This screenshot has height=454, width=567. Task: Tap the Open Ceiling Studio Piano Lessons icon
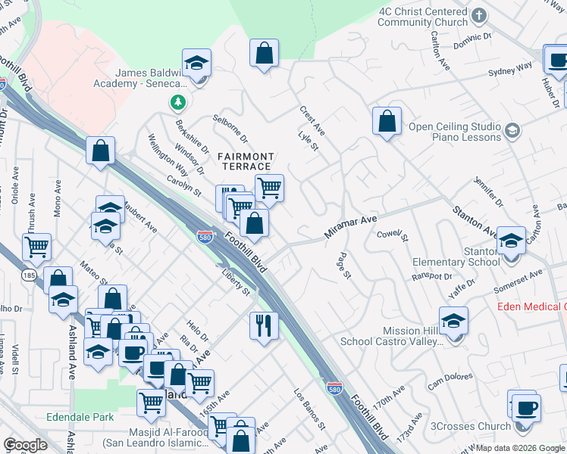(512, 132)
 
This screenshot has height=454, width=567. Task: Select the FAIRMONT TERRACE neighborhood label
(245, 160)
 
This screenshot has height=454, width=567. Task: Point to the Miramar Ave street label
(351, 226)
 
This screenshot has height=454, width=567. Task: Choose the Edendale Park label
(80, 417)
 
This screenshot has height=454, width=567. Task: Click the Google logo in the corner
(25, 445)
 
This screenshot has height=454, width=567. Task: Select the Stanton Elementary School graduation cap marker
(511, 242)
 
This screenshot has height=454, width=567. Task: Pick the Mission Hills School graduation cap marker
(453, 322)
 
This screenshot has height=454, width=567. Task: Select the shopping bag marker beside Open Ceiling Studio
(387, 122)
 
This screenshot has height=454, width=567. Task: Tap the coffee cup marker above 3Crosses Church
(523, 407)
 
